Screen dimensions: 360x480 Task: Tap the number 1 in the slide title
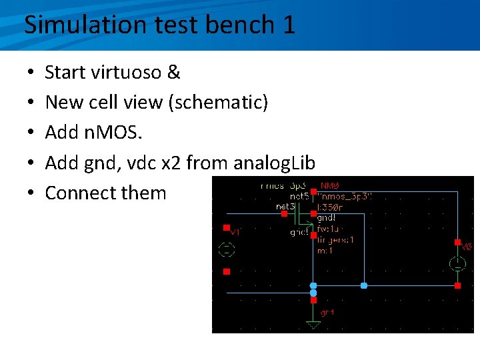[287, 25]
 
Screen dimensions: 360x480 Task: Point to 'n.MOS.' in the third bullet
[114, 133]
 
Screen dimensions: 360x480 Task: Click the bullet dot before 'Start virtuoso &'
[31, 72]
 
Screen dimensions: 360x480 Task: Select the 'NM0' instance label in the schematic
[331, 185]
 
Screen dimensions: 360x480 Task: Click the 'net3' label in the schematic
[285, 207]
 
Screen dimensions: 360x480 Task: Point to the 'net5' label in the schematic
[299, 197]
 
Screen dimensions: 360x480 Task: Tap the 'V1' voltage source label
[235, 233]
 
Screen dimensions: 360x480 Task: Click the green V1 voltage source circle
[227, 250]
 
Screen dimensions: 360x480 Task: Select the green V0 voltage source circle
[457, 263]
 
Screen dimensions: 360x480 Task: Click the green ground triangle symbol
[313, 325]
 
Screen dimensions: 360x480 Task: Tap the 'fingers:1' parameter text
[335, 239]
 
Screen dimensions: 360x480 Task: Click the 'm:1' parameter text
[325, 250]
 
